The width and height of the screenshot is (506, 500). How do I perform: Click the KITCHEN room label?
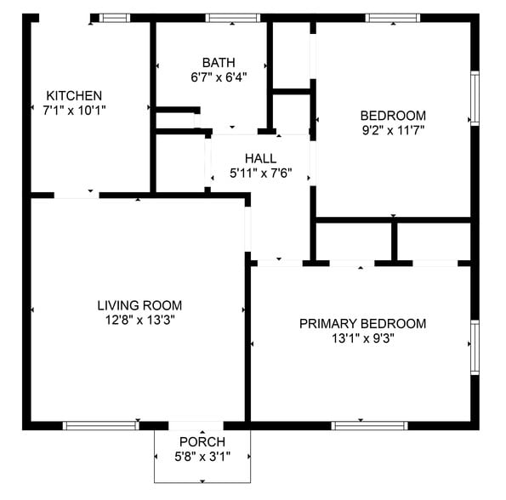[x=74, y=96]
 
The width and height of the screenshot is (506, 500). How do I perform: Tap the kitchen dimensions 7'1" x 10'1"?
[x=74, y=110]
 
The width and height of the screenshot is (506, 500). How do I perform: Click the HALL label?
[x=260, y=159]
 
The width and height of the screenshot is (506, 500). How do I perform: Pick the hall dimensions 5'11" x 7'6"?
[x=260, y=173]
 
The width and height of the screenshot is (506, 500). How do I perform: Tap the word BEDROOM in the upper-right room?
[x=393, y=116]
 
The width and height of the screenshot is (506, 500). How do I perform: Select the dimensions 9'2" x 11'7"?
[x=393, y=129]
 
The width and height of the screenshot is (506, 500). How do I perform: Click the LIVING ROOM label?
[x=139, y=305]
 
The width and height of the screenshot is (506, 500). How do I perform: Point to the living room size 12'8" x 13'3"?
[x=139, y=320]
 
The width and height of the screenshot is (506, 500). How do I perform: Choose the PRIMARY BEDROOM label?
[x=362, y=323]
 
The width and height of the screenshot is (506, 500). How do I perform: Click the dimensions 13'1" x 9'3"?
[x=362, y=338]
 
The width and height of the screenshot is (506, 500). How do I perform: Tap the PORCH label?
[x=202, y=441]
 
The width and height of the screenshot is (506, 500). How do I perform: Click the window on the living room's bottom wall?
[x=101, y=425]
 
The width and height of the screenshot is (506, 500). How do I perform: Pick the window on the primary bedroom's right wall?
[x=475, y=347]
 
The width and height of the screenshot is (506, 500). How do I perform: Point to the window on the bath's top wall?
[x=233, y=17]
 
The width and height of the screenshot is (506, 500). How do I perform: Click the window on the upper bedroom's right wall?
[x=475, y=98]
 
